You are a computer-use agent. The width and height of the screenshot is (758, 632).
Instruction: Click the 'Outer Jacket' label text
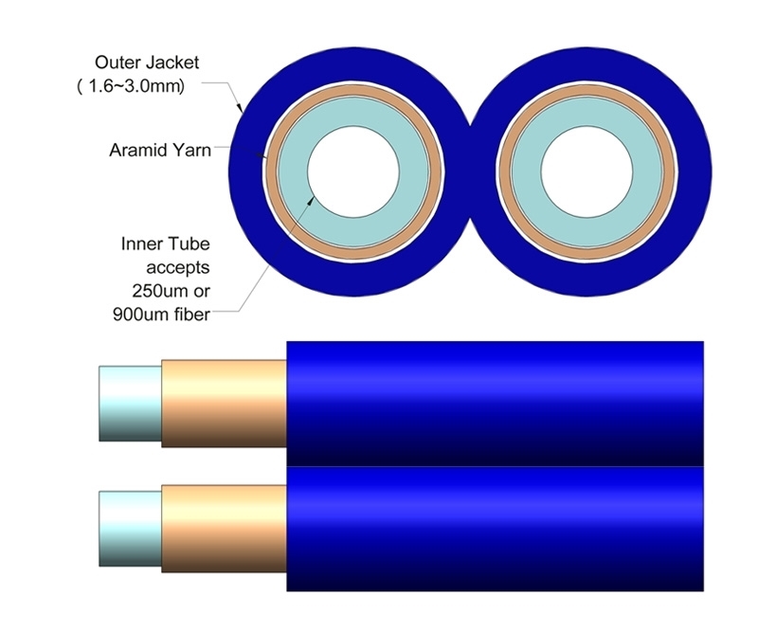[147, 63]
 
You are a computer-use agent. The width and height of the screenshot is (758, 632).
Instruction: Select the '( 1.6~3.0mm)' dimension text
[131, 86]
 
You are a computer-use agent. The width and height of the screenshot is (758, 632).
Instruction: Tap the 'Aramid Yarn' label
[160, 150]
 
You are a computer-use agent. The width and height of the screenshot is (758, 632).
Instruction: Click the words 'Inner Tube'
[165, 244]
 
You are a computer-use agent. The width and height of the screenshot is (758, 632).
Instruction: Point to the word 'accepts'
[178, 267]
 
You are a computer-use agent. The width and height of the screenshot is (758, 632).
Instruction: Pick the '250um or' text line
[171, 291]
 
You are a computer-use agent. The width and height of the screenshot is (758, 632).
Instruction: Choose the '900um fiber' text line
[161, 315]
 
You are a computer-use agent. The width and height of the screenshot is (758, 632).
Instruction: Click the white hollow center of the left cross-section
[353, 172]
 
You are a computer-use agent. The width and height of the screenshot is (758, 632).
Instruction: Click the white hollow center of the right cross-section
[587, 172]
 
